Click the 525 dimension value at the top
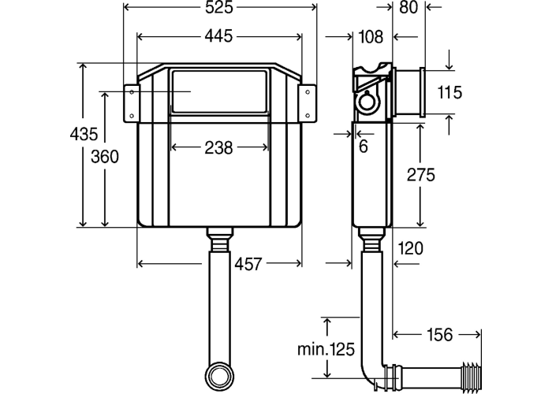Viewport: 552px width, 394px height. [x=219, y=7]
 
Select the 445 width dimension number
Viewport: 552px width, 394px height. [x=219, y=36]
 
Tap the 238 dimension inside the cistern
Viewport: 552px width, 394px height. [x=218, y=148]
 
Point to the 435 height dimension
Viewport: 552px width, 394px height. [x=84, y=134]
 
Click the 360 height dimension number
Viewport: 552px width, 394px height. [x=105, y=157]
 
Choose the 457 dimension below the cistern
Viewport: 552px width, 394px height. [x=248, y=264]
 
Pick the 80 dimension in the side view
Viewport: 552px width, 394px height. [x=408, y=7]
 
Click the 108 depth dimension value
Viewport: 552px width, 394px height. [x=371, y=36]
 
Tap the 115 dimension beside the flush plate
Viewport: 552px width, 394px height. [x=449, y=92]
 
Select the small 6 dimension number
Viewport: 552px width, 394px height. [x=364, y=147]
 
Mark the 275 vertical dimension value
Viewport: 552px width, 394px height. [x=421, y=175]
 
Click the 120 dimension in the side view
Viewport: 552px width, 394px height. [x=411, y=248]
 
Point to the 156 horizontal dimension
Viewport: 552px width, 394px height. [x=440, y=335]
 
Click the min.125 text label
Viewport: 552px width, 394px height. [x=326, y=349]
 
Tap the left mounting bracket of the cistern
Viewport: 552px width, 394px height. [x=132, y=103]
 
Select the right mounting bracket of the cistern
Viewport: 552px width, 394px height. [x=308, y=103]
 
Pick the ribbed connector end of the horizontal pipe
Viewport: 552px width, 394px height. [x=471, y=373]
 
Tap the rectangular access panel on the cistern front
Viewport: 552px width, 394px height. [x=218, y=92]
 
